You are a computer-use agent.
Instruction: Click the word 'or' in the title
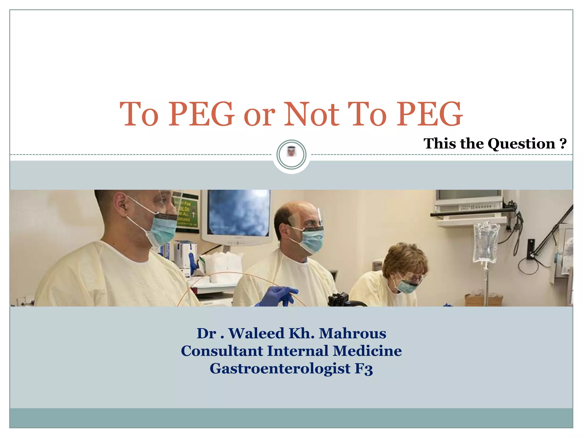pos(259,115)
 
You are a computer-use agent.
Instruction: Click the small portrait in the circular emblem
pos(291,151)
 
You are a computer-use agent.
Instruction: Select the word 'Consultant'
pos(222,351)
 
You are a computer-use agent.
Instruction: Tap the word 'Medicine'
pos(367,351)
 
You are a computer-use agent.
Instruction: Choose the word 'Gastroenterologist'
pos(280,368)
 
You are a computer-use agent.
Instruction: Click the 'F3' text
pos(364,368)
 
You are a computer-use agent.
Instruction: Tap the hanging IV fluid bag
pos(486,242)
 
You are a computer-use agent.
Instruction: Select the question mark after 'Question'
pos(563,143)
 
